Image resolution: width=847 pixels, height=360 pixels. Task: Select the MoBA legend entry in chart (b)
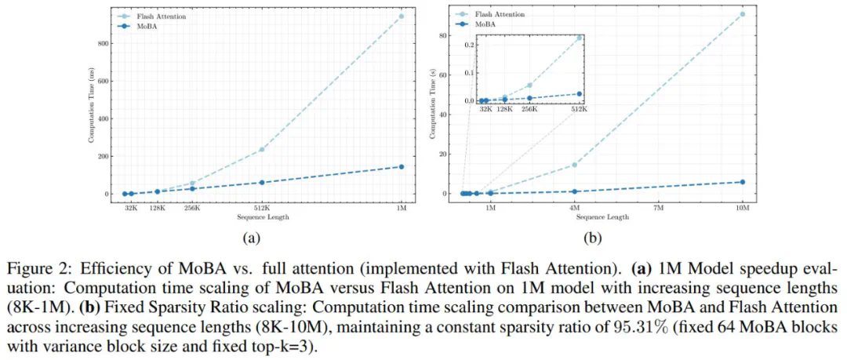pos(492,24)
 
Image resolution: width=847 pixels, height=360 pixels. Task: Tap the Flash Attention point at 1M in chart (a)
pos(402,16)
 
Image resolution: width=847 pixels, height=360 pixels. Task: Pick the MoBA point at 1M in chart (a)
pos(402,166)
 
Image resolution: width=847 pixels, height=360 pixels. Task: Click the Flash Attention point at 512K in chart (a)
pos(261,149)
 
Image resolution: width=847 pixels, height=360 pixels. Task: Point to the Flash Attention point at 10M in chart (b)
pos(743,14)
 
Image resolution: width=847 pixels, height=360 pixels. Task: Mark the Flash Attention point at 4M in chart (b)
pos(575,165)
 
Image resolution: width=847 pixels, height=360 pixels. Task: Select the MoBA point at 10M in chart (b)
pos(743,182)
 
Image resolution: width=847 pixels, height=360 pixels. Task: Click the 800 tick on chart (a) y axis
pos(100,43)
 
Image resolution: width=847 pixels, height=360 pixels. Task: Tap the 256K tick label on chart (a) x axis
pos(192,208)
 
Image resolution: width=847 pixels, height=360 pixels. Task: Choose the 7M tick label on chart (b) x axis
pos(659,208)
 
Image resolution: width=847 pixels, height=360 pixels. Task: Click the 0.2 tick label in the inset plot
pos(469,45)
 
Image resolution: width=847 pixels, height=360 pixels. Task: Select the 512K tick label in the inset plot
pos(579,110)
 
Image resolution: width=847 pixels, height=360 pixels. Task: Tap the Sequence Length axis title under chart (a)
pos(263,217)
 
